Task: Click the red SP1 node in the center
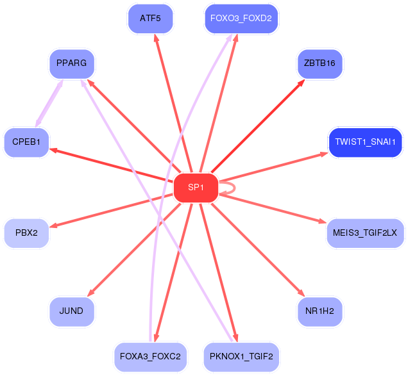[196, 188]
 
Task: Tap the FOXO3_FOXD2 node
[241, 19]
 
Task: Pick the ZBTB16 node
[320, 63]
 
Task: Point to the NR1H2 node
[320, 311]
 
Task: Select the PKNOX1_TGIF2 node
[241, 357]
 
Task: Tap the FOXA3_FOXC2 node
[149, 357]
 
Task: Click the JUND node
[71, 311]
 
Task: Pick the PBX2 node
[26, 233]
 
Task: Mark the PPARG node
[71, 63]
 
